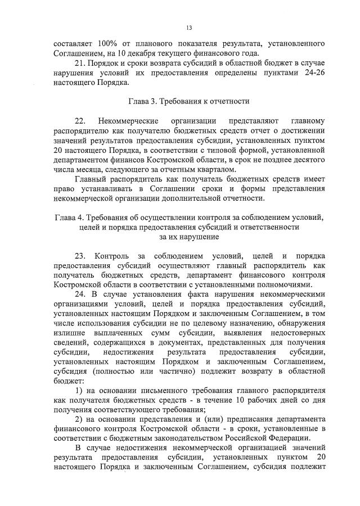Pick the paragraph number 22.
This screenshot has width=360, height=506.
[x=80, y=121]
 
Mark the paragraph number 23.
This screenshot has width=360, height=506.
[x=80, y=257]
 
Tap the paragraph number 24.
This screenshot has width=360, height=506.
[x=80, y=296]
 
